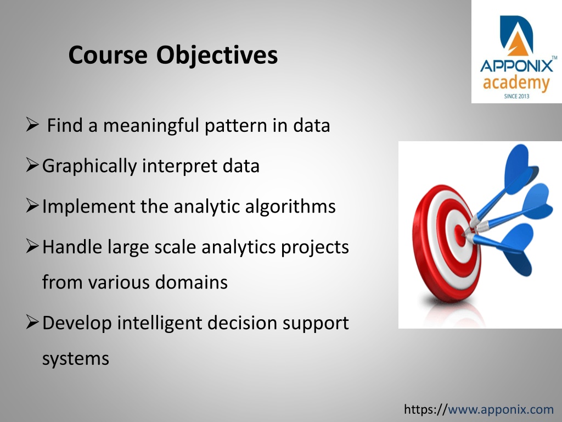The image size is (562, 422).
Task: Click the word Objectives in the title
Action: [217, 55]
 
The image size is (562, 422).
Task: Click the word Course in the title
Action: [108, 55]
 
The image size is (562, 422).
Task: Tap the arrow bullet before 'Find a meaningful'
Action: [32, 125]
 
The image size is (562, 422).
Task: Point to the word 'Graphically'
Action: [89, 166]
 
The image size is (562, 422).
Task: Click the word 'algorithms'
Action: [290, 207]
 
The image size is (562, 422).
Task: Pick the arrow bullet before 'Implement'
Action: [32, 206]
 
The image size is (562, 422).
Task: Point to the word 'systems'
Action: [76, 359]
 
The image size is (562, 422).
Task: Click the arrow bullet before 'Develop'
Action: [32, 322]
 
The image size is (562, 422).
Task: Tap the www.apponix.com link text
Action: [501, 409]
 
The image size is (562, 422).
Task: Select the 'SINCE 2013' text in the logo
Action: [516, 96]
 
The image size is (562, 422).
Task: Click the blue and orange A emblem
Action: [516, 36]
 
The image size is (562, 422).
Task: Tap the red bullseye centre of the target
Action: [460, 235]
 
